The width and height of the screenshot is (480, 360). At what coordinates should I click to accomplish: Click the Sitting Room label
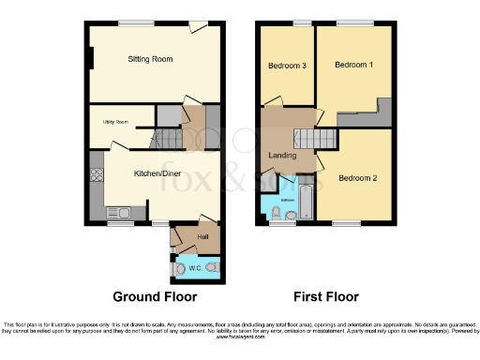pos(150,59)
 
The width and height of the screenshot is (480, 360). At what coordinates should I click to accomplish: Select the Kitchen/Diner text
pos(157,173)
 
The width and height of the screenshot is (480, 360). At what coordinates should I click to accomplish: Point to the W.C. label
pos(195,268)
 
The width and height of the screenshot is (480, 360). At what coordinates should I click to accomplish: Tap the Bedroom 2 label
pos(357,178)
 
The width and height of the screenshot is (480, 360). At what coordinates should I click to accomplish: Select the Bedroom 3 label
pos(287,66)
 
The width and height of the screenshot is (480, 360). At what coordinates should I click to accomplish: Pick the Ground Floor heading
pos(155,297)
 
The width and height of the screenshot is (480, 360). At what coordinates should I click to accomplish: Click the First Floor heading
pos(326,297)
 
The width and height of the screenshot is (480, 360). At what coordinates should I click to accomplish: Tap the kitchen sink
pos(121,214)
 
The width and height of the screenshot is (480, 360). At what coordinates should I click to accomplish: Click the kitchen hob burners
pos(95,172)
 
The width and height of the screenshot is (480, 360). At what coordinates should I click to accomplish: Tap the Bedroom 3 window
pos(301,22)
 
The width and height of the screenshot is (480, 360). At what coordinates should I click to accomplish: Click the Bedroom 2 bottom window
pos(346,223)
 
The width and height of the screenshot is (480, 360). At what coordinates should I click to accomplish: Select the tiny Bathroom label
pos(289,200)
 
